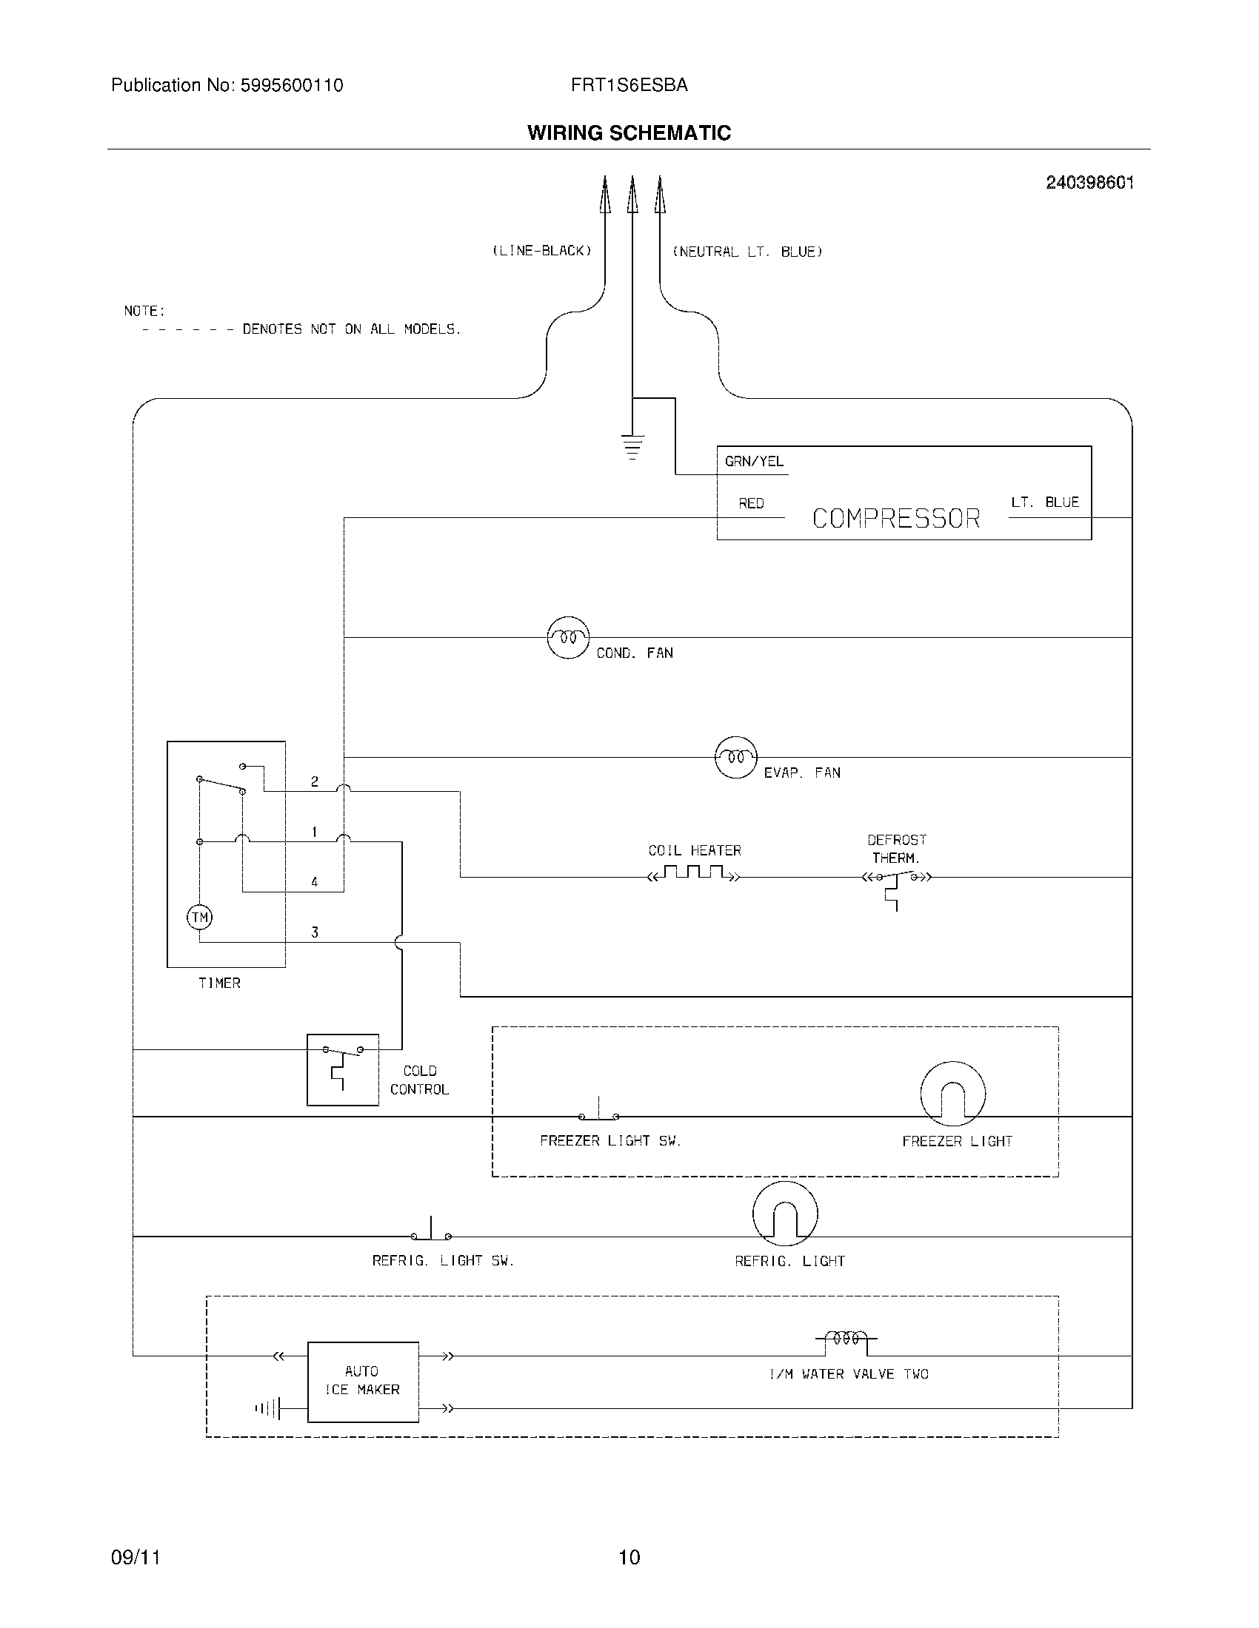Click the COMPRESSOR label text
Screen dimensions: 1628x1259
point(896,518)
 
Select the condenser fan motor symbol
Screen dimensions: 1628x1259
point(568,637)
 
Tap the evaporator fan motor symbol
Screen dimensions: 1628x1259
point(735,757)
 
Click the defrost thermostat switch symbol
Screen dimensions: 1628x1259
point(897,880)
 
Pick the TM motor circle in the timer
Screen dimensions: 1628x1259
point(199,917)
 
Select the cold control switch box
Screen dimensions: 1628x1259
point(342,1070)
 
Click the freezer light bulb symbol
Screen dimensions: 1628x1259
point(952,1094)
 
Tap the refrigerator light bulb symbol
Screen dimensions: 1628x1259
point(784,1214)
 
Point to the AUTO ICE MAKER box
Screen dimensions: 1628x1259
point(362,1382)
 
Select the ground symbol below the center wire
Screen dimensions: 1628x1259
point(632,445)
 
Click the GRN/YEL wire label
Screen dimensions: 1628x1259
point(754,462)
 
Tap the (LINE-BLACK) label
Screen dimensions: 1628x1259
point(541,251)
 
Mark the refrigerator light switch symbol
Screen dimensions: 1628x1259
point(431,1232)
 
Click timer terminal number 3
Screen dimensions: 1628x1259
point(315,932)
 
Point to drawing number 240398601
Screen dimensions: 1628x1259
point(1089,183)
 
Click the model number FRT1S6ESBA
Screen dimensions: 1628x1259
point(629,86)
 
